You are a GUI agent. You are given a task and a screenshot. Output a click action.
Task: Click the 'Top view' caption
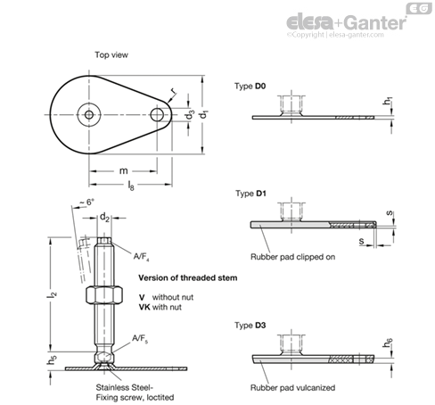(111, 55)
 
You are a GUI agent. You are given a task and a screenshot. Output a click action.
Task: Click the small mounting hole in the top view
(157, 114)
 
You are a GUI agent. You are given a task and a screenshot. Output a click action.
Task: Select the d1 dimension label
(204, 114)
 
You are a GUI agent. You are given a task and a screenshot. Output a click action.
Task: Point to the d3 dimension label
(190, 114)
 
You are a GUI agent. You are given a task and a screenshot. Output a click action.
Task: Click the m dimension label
(123, 170)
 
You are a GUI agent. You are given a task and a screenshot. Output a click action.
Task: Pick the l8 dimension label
(131, 186)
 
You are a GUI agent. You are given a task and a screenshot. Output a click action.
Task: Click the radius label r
(174, 91)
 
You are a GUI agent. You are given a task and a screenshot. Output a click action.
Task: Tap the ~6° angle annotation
(86, 202)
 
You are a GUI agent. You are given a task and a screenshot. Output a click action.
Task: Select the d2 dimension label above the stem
(104, 217)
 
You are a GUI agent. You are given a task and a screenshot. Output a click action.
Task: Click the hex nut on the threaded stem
(104, 294)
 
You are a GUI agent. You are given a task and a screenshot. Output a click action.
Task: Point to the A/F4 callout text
(141, 257)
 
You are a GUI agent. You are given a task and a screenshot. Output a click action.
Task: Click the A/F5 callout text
(140, 339)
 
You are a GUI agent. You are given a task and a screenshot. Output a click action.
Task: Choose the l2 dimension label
(53, 294)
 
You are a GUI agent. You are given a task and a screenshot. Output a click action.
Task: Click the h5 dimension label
(52, 360)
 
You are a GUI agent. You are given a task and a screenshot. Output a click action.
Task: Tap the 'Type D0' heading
(250, 87)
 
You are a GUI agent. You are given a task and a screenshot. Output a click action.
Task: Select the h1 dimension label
(388, 101)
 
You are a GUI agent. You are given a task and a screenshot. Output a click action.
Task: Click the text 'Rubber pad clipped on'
(292, 257)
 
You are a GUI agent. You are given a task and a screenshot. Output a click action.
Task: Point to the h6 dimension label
(388, 343)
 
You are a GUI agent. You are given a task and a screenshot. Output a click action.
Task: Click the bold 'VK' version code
(144, 307)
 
